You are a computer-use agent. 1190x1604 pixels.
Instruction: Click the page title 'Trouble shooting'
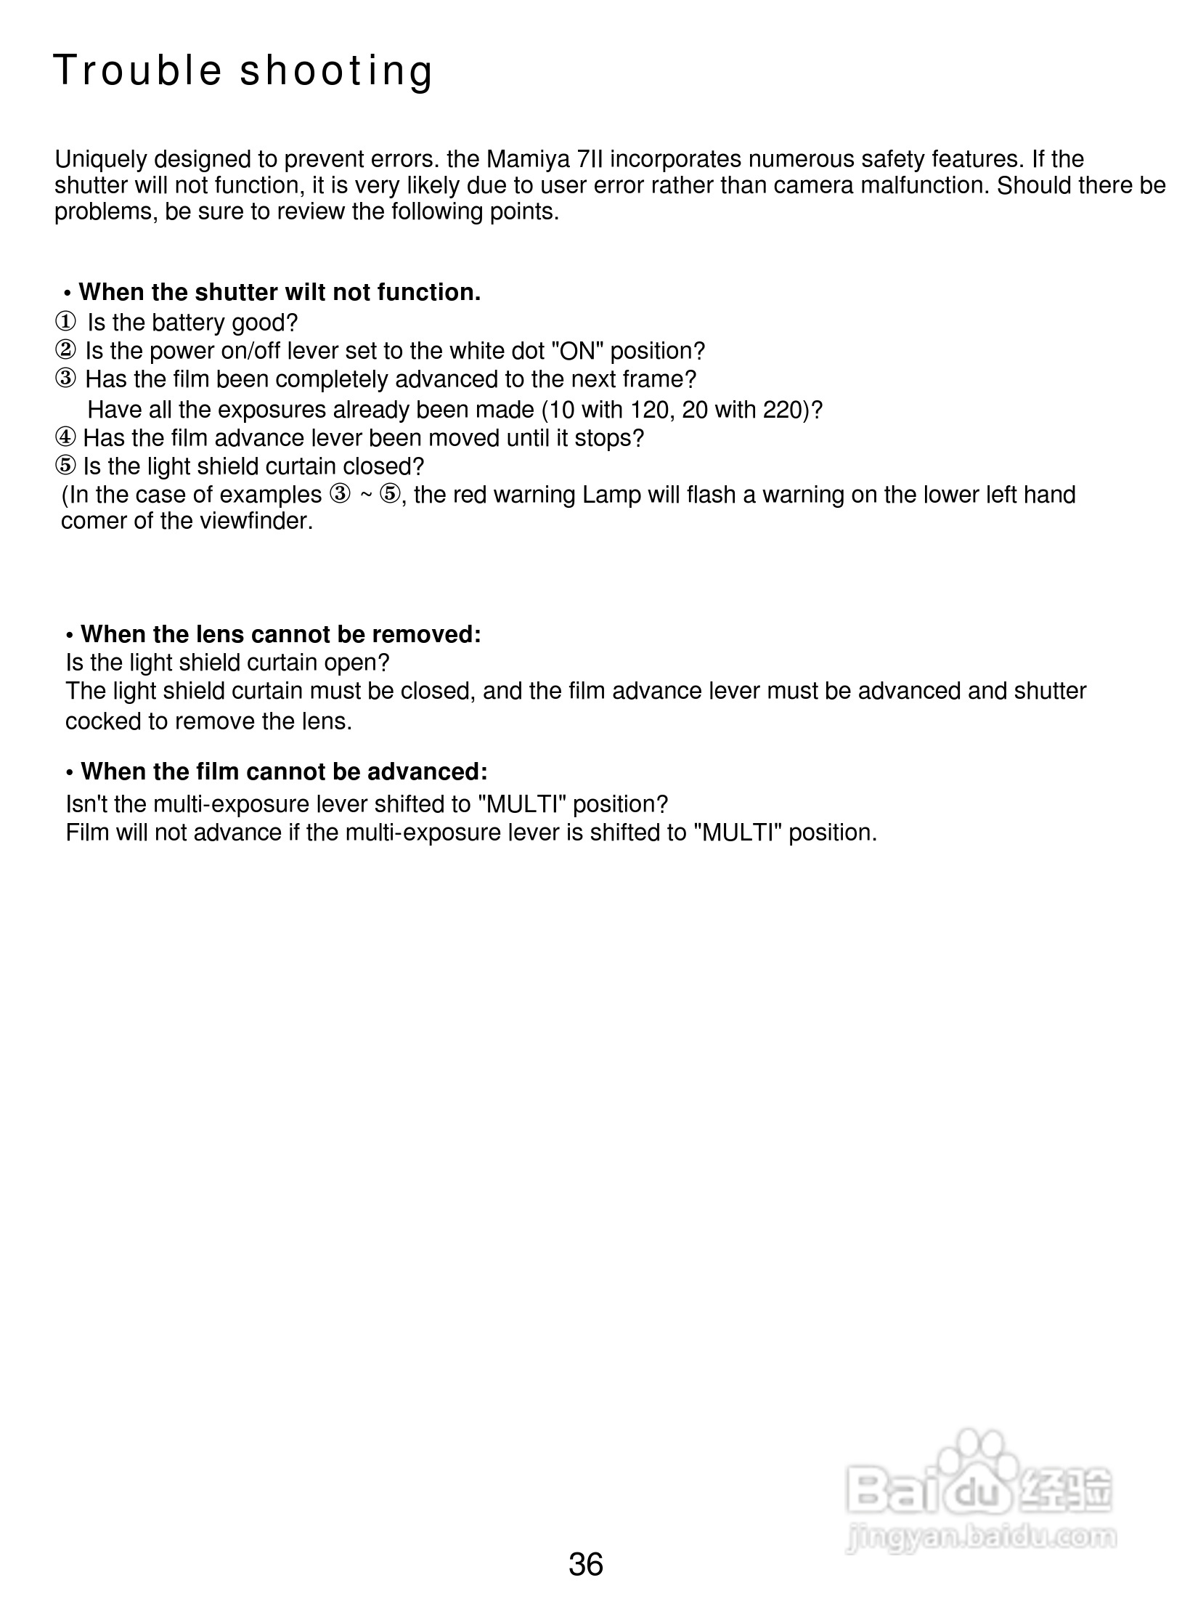pyautogui.click(x=243, y=71)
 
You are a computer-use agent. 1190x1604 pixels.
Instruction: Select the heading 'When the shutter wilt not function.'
pyautogui.click(x=280, y=292)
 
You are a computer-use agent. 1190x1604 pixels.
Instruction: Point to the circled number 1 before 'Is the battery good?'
pyautogui.click(x=65, y=322)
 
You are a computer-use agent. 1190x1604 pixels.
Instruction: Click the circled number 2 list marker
pyautogui.click(x=65, y=351)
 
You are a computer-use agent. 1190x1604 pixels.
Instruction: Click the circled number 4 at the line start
pyautogui.click(x=65, y=438)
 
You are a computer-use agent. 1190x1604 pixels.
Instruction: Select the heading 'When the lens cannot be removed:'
pyautogui.click(x=280, y=634)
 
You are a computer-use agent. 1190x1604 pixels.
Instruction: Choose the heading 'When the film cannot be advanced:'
pyautogui.click(x=284, y=771)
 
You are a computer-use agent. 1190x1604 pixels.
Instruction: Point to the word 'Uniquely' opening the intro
pyautogui.click(x=101, y=159)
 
